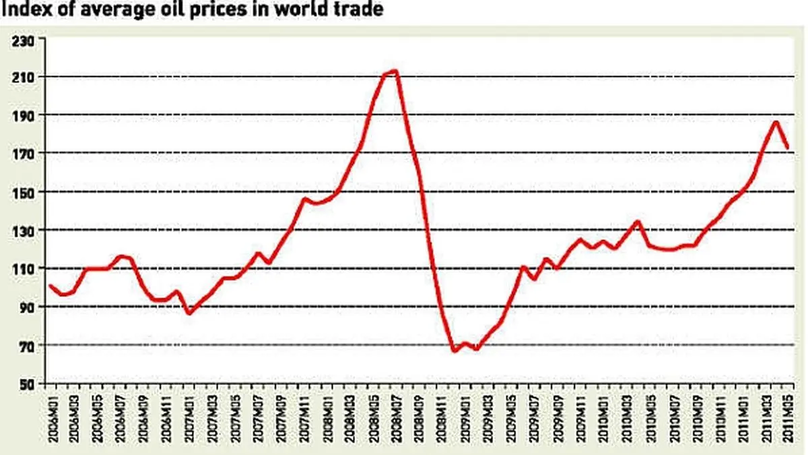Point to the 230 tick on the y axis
click(24, 39)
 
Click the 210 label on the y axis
click(24, 77)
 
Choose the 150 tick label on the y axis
click(24, 192)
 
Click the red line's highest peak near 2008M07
click(395, 71)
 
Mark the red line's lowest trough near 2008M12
click(454, 351)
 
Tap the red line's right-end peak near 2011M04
click(776, 122)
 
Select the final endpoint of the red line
click(787, 148)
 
